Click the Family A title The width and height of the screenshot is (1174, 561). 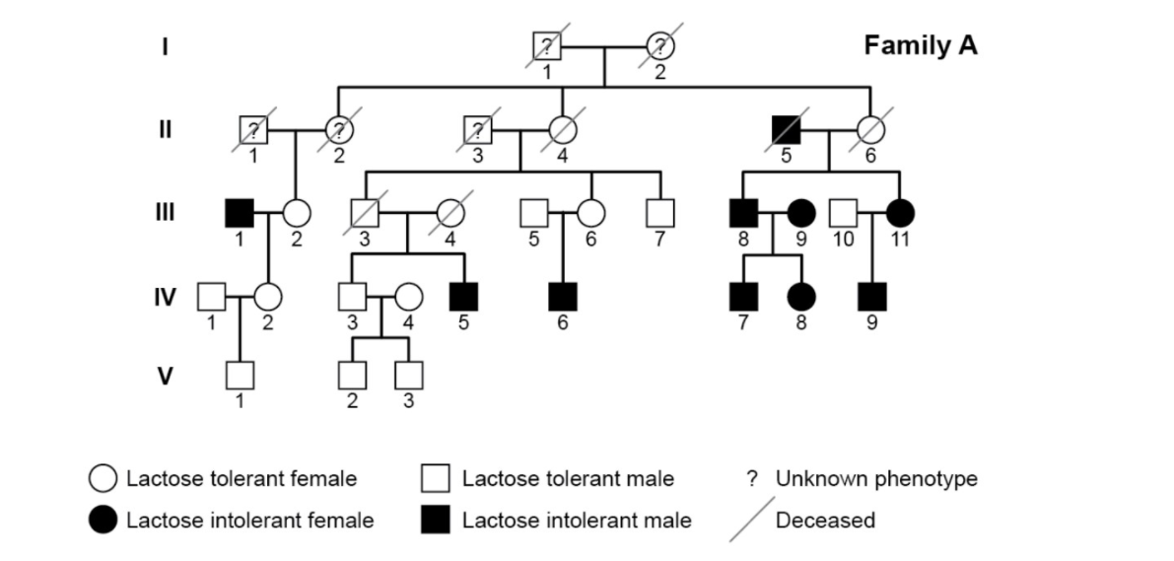pos(921,45)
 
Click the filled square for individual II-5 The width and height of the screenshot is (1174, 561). pos(787,128)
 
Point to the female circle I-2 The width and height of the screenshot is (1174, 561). pos(661,45)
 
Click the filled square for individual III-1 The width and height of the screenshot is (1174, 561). pos(240,211)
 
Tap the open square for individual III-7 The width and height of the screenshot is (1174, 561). pos(659,211)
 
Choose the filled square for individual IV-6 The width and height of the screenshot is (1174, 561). pos(562,294)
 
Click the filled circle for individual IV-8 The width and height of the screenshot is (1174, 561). pos(801,294)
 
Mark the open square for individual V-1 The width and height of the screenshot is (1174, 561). pos(240,376)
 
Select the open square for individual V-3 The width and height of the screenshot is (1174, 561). pos(408,376)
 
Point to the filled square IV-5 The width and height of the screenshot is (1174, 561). pos(463,294)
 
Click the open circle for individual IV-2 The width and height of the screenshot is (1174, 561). pos(269,294)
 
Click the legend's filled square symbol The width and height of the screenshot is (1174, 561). pos(435,519)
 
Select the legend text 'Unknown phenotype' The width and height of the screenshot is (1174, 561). pos(876,479)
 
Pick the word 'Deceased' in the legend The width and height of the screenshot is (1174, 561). pos(825,520)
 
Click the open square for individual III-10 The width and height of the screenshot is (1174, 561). pos(842,211)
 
